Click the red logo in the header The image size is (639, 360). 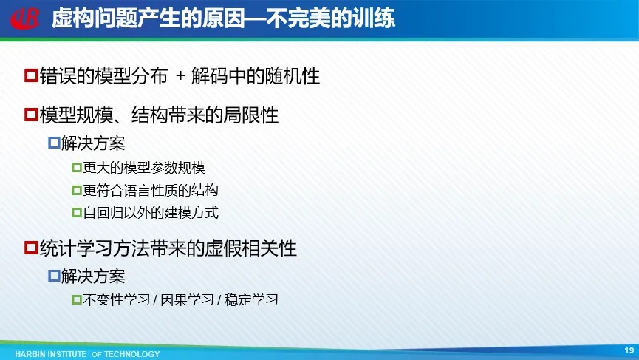point(25,18)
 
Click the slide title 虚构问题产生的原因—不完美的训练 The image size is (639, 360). point(223,18)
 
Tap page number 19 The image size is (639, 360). point(629,350)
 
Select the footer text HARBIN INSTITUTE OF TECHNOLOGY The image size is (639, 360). point(88,354)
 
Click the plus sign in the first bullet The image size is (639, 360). point(180,76)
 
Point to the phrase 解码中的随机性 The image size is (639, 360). point(256,76)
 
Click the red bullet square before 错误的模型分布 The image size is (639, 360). point(31,75)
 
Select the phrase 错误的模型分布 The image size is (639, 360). point(103,76)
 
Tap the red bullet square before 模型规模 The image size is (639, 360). point(31,115)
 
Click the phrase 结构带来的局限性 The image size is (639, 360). point(205,115)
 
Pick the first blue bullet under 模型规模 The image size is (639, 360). point(54,143)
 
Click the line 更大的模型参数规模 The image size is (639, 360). point(144,168)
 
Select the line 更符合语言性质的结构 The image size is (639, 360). point(151,191)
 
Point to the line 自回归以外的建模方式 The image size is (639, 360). point(151,213)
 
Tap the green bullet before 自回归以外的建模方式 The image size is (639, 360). point(77,213)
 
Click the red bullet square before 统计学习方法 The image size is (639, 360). point(31,248)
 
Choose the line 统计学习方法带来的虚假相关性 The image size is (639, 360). point(168,248)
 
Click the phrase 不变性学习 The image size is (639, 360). point(117,300)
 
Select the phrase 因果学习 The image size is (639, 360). point(187,300)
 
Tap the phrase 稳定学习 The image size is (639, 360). point(251,300)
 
